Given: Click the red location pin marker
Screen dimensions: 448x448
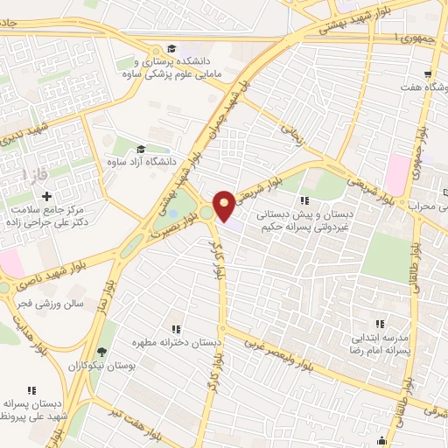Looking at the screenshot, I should coord(225,205).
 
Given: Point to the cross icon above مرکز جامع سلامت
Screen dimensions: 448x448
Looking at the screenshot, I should coord(46,197).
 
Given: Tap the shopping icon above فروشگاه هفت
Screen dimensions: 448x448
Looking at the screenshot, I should coord(428,74).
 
